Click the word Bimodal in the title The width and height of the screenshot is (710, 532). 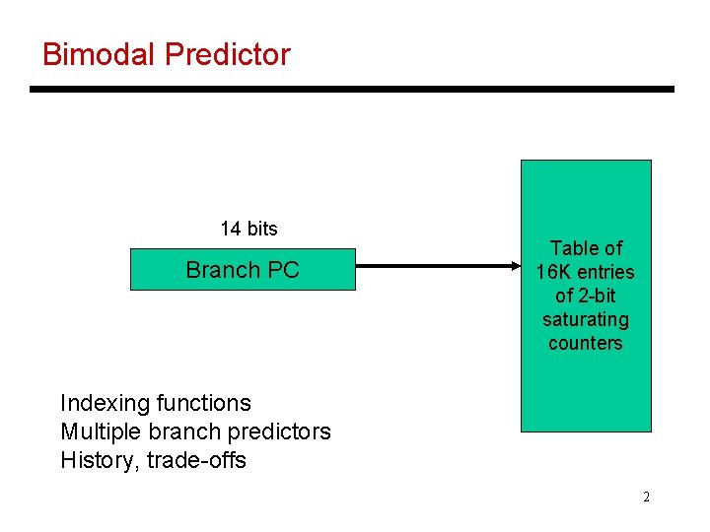[100, 54]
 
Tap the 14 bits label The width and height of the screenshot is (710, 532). [248, 229]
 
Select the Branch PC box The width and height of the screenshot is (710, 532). [243, 270]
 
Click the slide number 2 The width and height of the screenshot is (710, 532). [646, 497]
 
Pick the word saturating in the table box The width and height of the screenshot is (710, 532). [585, 319]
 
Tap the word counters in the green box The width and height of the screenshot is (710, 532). [585, 343]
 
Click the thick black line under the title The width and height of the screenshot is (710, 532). [351, 90]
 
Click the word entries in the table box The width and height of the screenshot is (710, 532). [605, 272]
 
